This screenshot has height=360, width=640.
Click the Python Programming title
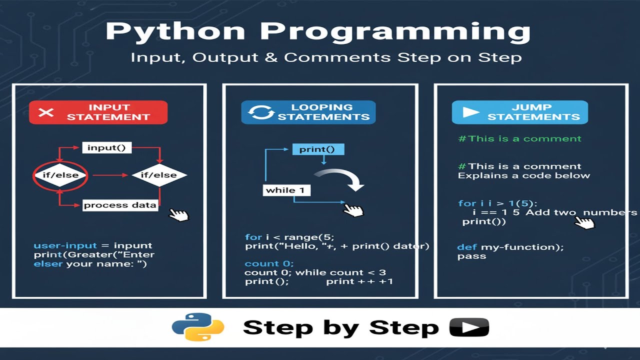(318, 32)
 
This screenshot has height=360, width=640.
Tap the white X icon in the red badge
(46, 112)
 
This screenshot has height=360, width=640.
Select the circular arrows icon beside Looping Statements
(261, 112)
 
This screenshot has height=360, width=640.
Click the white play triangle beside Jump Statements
(470, 112)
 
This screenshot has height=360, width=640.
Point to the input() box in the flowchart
(106, 147)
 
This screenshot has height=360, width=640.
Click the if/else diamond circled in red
(60, 175)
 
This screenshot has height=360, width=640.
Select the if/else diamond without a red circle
(159, 175)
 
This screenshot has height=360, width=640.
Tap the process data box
(120, 205)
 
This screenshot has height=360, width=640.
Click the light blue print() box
(318, 149)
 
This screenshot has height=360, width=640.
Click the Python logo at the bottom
(198, 328)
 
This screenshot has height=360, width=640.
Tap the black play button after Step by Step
(469, 328)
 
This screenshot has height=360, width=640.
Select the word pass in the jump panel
(471, 256)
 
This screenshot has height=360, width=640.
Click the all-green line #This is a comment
(519, 139)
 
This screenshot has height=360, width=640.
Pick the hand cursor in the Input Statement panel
(178, 215)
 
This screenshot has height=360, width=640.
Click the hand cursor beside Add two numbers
(584, 222)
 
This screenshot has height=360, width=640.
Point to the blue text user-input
(64, 246)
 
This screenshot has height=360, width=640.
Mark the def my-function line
(510, 247)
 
